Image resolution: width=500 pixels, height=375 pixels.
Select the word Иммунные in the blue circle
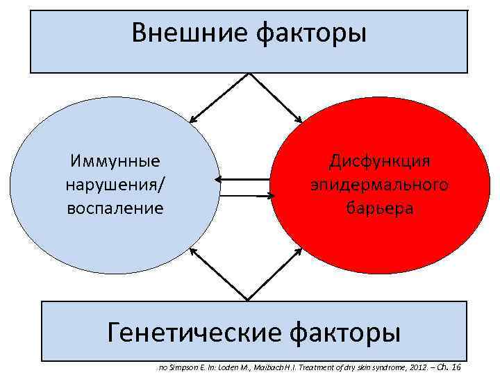pos(115,162)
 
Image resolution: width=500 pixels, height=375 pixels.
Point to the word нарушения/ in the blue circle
pos(115,185)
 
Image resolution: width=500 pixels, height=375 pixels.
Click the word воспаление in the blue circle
pos(115,208)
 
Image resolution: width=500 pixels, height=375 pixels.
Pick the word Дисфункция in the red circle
pos(380,162)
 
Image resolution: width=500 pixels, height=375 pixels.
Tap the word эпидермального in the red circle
pos(380,185)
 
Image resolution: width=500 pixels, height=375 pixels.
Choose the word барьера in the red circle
pos(380,208)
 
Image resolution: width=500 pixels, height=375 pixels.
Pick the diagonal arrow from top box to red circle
pos(276,98)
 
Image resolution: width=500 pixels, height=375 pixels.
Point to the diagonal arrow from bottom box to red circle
pos(276,274)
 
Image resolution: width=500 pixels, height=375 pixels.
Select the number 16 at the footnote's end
pos(456,367)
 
